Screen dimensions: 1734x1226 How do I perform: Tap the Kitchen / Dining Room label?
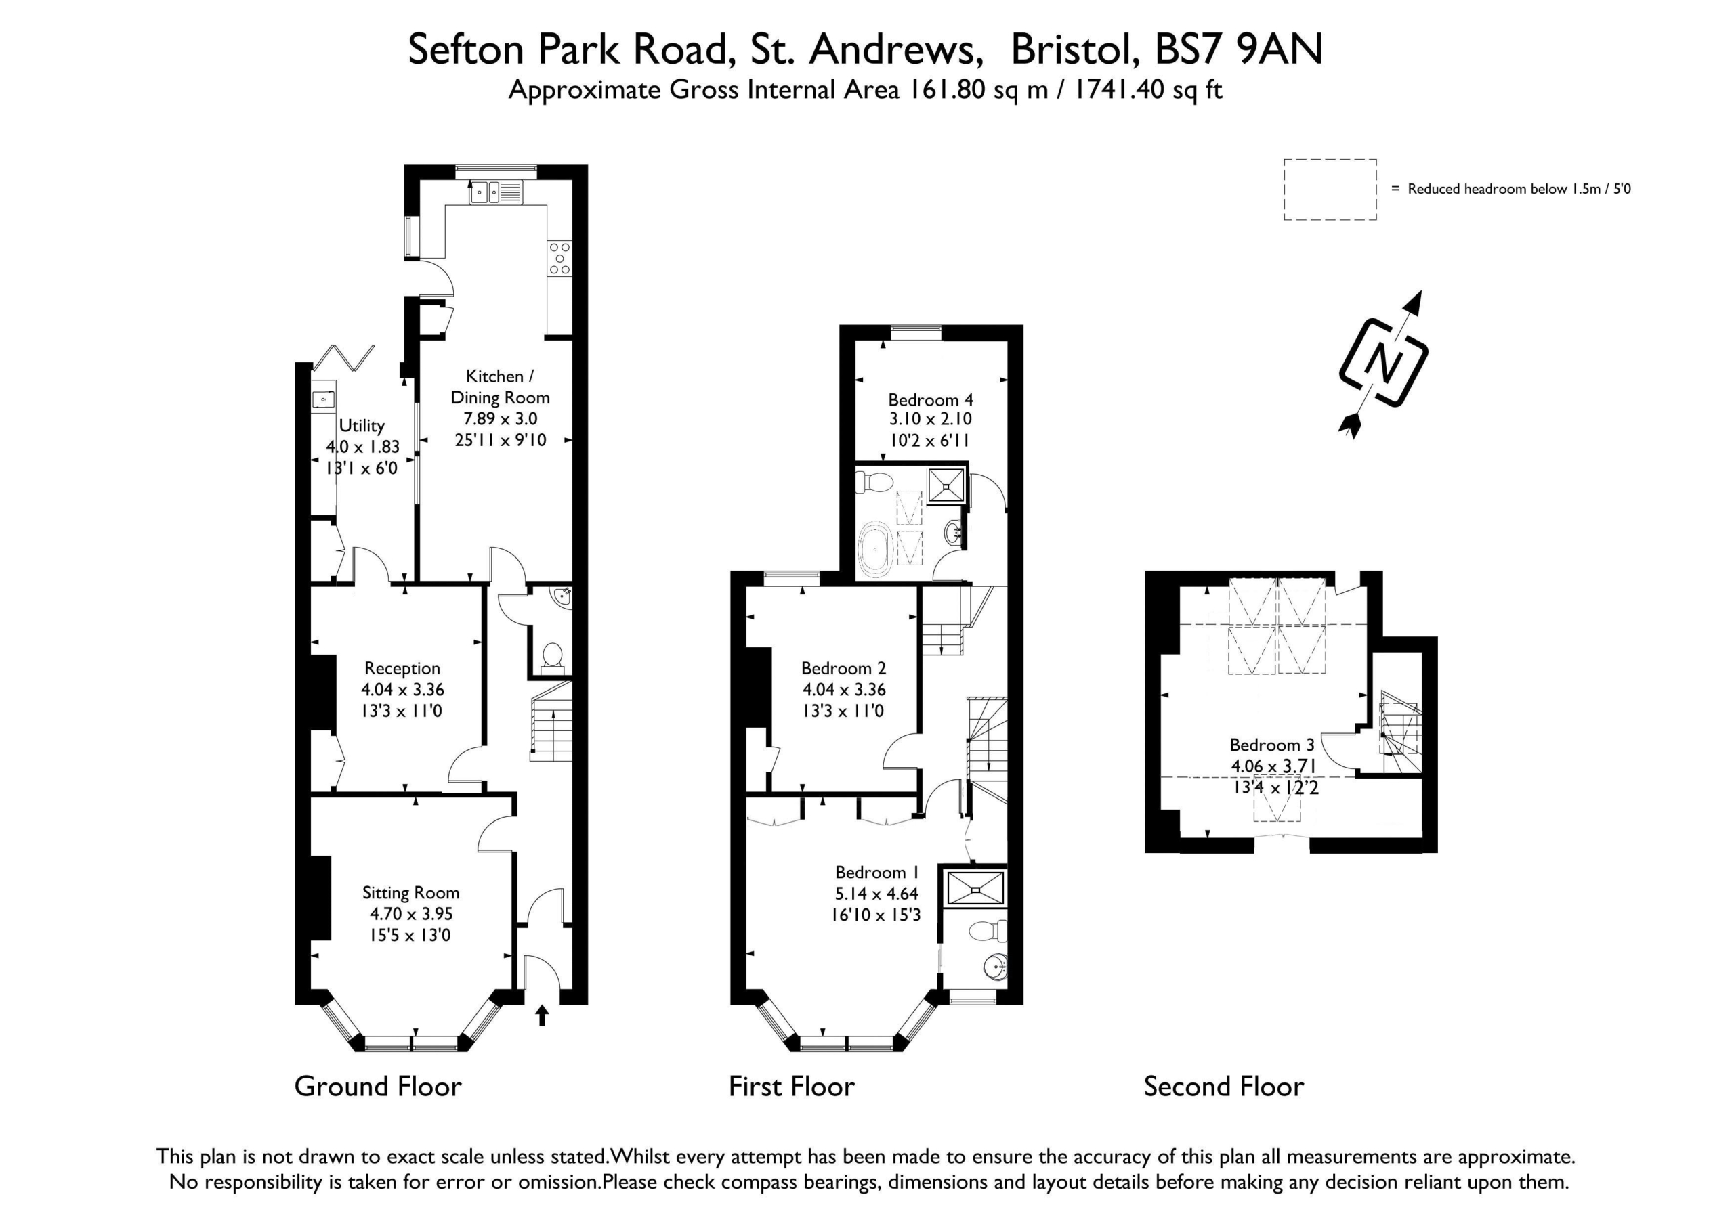tap(500, 387)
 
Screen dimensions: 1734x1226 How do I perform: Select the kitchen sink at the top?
tap(495, 192)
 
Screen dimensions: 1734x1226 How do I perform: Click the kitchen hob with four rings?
tap(559, 258)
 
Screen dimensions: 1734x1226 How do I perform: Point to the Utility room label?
tap(362, 426)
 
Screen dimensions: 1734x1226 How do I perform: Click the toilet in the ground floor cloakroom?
tap(552, 656)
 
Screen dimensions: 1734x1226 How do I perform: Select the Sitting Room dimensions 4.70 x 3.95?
tap(411, 914)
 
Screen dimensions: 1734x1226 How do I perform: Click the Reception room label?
tap(402, 668)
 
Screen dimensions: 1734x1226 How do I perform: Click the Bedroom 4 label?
tap(931, 399)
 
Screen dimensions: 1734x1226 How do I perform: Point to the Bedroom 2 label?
tap(843, 668)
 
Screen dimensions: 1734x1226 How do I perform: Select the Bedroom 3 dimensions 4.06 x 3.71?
tap(1274, 766)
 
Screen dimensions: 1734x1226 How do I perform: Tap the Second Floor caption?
tap(1223, 1087)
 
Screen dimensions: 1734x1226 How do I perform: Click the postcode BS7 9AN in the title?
tap(1240, 50)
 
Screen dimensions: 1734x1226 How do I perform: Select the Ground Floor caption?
tap(377, 1087)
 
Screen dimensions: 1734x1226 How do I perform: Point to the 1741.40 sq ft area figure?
tap(1148, 91)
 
